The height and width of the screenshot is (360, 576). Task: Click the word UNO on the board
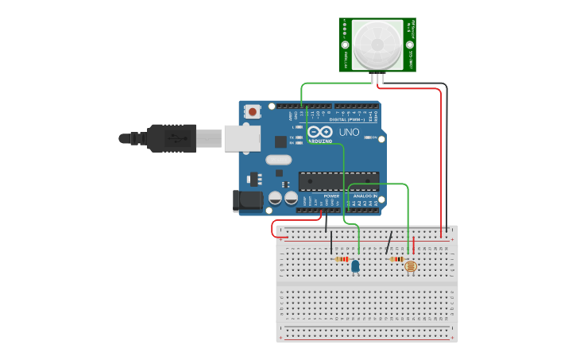pos(350,132)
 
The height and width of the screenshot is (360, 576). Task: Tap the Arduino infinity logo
pos(320,132)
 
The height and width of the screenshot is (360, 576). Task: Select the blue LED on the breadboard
pos(355,266)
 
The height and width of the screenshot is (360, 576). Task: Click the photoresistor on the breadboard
pos(411,265)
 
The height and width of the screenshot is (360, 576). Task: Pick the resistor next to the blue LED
pos(342,259)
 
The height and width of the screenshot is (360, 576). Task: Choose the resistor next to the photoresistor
pos(396,258)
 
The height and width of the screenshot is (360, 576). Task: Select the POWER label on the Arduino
pos(331,195)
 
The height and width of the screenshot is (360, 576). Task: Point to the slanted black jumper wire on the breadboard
pos(389,242)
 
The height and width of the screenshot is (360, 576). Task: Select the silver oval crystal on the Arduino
pos(278,160)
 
